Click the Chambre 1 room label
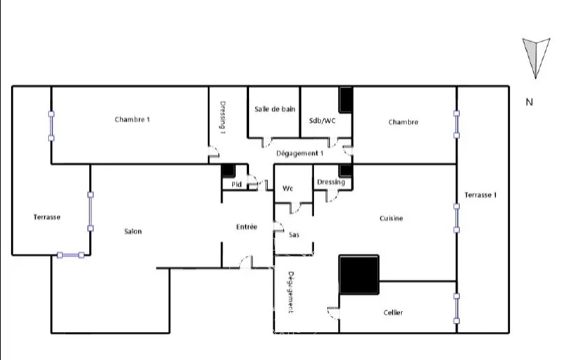pos(133,119)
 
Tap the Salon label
pos(133,232)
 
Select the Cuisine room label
pos(391,218)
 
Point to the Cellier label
pos(393,313)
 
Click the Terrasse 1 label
pos(481,195)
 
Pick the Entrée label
pos(247,227)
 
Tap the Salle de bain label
pos(275,109)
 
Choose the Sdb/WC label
pos(322,121)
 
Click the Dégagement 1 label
pos(300,153)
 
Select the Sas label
pos(294,235)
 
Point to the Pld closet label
pos(236,184)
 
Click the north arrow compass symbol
pos(536,58)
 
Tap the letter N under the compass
pos(529,102)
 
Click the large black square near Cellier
pos(359,275)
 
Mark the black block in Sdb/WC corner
pos(345,100)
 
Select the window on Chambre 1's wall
pos(51,126)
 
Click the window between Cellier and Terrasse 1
pos(457,308)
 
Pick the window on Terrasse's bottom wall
pos(70,255)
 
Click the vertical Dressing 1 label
pos(223,117)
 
